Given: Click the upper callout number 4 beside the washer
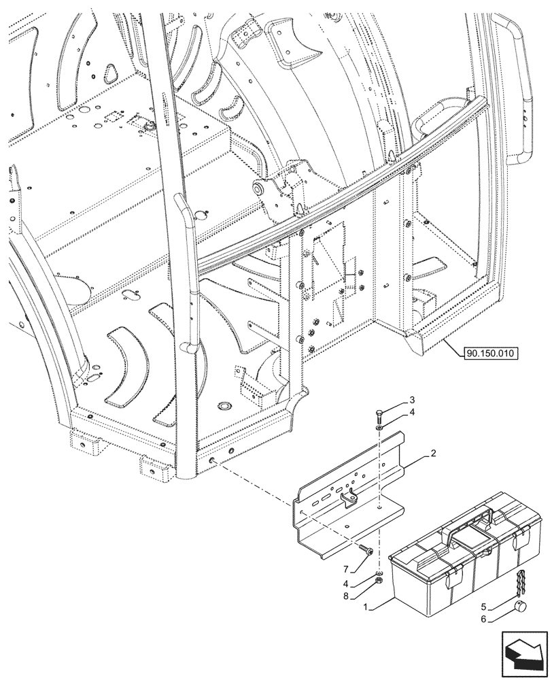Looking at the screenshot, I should [412, 413].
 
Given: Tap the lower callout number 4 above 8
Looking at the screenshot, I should [347, 583].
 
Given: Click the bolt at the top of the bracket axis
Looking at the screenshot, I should [379, 416].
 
